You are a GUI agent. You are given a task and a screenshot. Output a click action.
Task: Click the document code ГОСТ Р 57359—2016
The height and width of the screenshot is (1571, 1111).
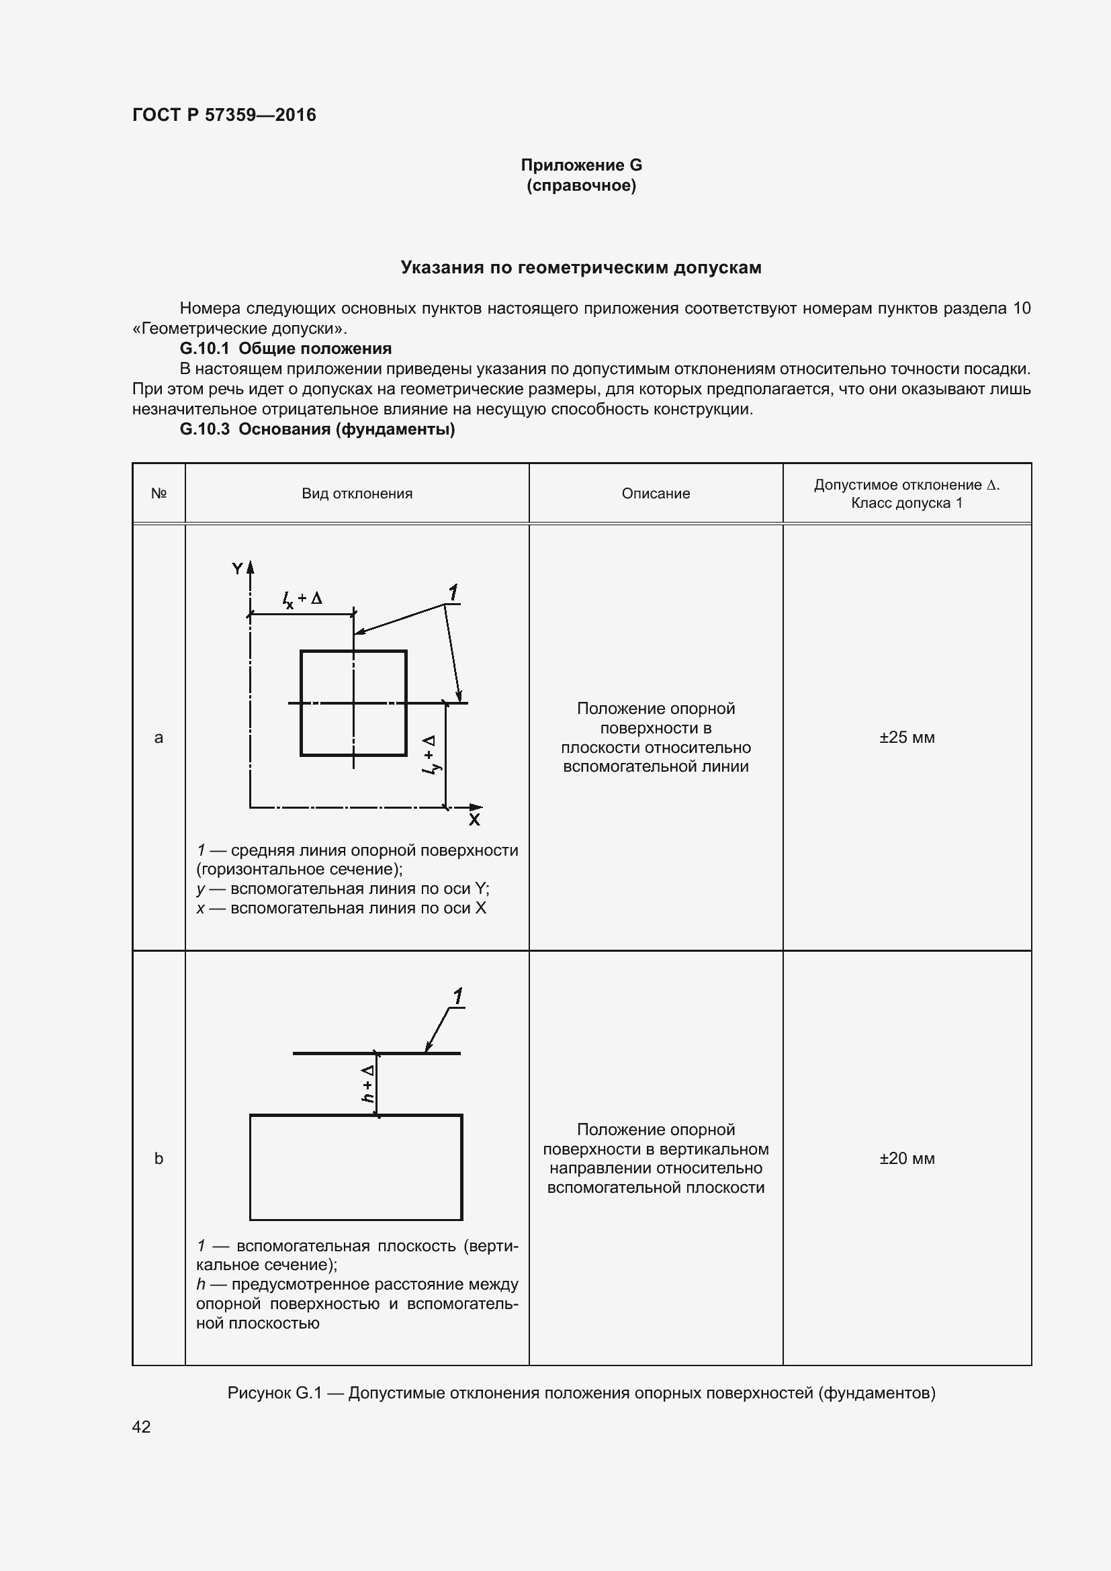[x=224, y=115]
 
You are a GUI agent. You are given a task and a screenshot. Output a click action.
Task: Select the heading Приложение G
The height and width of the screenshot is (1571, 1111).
[x=581, y=165]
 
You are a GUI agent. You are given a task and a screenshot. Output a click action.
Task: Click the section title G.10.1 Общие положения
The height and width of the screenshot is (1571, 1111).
[x=285, y=349]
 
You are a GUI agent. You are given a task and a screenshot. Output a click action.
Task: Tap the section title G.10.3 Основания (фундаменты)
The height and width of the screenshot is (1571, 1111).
[x=317, y=429]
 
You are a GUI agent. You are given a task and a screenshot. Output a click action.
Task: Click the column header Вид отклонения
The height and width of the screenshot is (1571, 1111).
[x=357, y=494]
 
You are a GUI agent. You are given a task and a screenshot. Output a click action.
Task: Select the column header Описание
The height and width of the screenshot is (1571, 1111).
[x=655, y=494]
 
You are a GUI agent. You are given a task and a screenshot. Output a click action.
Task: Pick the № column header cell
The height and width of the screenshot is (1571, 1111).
[x=158, y=494]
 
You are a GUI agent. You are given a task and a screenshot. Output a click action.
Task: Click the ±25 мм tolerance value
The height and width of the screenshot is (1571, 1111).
[x=906, y=737]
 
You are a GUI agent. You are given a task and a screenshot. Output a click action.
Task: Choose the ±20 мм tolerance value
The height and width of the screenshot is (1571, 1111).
[x=906, y=1159]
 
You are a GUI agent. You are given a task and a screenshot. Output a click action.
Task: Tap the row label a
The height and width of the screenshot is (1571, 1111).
[x=158, y=737]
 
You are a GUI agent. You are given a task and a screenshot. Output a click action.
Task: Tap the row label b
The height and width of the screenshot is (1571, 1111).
[x=158, y=1159]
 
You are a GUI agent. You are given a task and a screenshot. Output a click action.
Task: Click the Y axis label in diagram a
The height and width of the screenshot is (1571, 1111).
[x=236, y=569]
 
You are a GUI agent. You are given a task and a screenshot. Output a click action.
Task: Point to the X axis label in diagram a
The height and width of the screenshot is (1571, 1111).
[x=474, y=819]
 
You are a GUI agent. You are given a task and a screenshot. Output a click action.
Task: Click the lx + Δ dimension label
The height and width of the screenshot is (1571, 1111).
[x=302, y=598]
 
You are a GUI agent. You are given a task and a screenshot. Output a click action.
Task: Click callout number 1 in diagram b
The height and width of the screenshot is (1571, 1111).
[x=457, y=996]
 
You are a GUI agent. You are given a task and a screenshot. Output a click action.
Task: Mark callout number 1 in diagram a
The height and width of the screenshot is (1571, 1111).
[x=452, y=592]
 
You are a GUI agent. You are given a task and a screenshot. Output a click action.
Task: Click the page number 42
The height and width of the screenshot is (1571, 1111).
[x=141, y=1427]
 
